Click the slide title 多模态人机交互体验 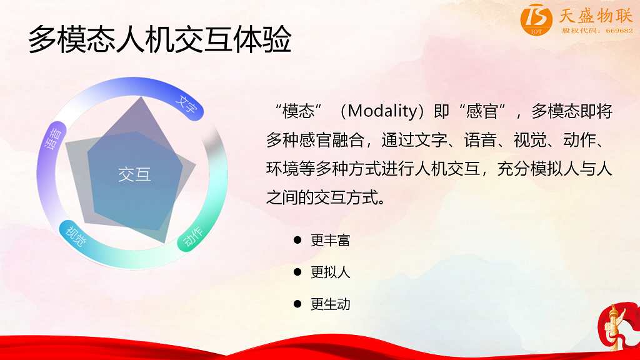click(x=159, y=39)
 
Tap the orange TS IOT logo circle click(x=536, y=19)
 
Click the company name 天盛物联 click(x=596, y=16)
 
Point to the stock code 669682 click(x=619, y=31)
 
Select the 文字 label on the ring click(x=186, y=105)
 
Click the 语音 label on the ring click(x=54, y=138)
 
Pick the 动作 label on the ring click(x=192, y=237)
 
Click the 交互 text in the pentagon click(x=135, y=174)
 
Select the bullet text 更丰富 click(x=330, y=240)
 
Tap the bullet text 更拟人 click(x=330, y=272)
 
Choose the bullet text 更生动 click(x=330, y=304)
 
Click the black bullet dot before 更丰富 click(x=297, y=240)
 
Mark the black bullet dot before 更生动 click(x=297, y=304)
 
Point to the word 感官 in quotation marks click(x=482, y=111)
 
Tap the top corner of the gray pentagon click(x=141, y=97)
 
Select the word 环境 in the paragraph click(x=282, y=169)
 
